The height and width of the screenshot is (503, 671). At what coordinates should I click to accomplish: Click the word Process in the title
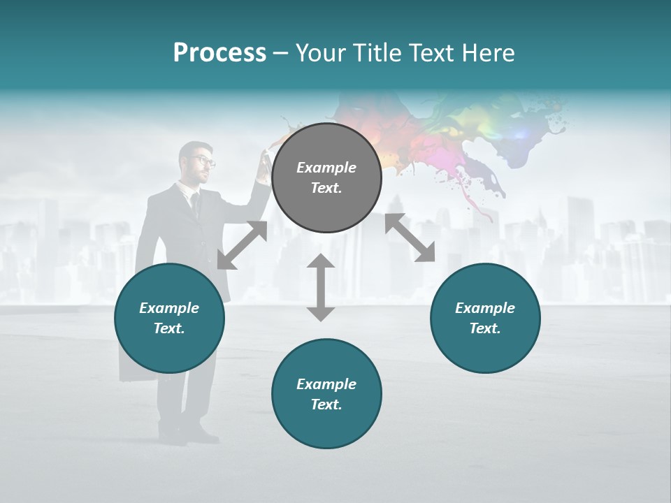(x=219, y=53)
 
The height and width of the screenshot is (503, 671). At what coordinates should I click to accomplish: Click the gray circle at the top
(x=326, y=177)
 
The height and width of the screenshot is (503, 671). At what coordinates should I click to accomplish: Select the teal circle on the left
(x=169, y=318)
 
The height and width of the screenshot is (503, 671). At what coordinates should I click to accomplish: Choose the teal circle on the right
(x=485, y=318)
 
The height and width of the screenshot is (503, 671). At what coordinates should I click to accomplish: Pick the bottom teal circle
(x=326, y=394)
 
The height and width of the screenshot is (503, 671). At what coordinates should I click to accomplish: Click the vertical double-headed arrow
(x=321, y=287)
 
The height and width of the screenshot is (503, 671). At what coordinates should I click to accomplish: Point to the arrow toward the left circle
(x=242, y=245)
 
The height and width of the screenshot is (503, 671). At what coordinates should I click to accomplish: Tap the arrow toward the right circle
(x=410, y=238)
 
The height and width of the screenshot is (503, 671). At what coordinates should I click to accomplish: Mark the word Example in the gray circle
(x=326, y=168)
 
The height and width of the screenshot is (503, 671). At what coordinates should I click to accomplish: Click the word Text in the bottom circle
(x=326, y=404)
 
